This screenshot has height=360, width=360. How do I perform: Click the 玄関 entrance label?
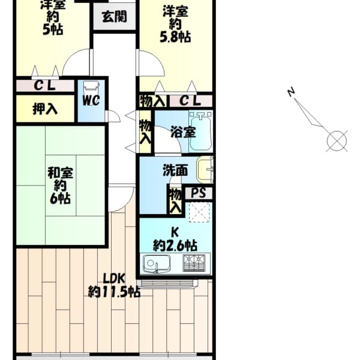click(115, 17)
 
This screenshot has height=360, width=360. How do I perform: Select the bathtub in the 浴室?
click(200, 131)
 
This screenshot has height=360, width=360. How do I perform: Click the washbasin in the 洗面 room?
click(205, 170)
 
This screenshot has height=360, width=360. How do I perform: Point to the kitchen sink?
click(156, 264)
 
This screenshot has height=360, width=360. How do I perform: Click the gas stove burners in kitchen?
click(194, 263)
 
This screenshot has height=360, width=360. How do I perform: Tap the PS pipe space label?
click(199, 193)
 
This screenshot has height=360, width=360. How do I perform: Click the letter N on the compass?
click(291, 92)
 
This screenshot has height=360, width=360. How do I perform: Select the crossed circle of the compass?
click(337, 141)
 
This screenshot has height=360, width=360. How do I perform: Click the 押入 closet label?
click(45, 109)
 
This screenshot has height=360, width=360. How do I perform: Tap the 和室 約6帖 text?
click(61, 186)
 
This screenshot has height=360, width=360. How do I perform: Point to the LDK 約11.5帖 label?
click(114, 286)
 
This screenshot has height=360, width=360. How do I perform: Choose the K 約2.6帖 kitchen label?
click(175, 239)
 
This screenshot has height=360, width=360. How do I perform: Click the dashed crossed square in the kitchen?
click(199, 212)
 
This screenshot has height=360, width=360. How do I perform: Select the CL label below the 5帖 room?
click(45, 86)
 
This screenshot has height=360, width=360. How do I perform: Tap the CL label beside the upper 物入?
click(190, 101)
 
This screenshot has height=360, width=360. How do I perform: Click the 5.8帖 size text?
click(175, 37)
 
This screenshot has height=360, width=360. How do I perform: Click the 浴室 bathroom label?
click(183, 132)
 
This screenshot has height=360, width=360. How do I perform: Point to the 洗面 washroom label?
click(175, 170)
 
